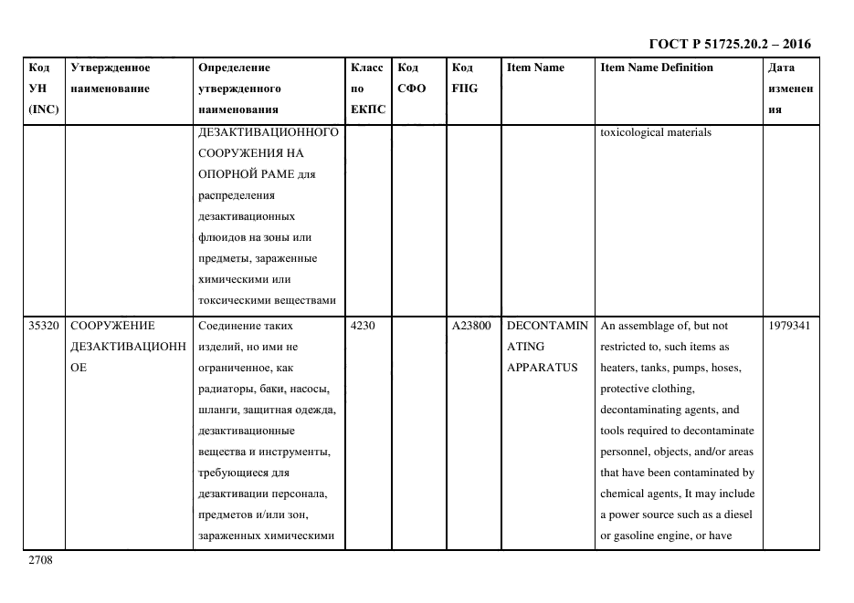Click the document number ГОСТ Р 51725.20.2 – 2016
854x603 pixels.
pos(729,44)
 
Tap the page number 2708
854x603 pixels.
pos(40,560)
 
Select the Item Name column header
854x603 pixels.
pos(535,68)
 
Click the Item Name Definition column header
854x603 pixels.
pos(656,68)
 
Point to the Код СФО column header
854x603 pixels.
pos(408,78)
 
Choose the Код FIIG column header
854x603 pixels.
pos(464,78)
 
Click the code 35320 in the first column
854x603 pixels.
pos(44,325)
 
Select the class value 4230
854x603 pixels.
pos(363,325)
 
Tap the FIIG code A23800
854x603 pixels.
pos(470,325)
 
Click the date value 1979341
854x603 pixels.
pos(789,325)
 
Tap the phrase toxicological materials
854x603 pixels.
pos(655,132)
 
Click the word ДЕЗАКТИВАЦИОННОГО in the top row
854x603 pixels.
pos(268,132)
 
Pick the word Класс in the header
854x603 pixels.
pos(367,68)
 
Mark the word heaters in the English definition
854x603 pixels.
pos(619,368)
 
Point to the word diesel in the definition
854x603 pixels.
pos(737,515)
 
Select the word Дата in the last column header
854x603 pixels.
pos(781,68)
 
